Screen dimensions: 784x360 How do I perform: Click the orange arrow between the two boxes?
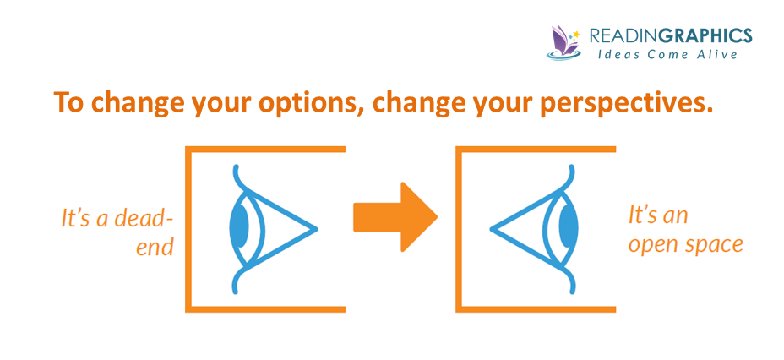pos(395,217)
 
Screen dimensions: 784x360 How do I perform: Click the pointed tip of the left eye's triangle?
pos(317,229)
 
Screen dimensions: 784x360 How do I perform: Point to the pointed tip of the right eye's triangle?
pos(491,230)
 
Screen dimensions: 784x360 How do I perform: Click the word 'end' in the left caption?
pos(155,248)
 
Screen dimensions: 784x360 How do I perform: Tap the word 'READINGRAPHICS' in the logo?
pos(671,35)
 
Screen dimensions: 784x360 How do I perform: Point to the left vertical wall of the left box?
pos(188,230)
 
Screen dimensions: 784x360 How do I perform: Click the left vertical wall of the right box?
pos(459,230)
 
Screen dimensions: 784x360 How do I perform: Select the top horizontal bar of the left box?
pos(265,150)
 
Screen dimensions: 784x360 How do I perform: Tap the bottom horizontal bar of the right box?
pos(536,309)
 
